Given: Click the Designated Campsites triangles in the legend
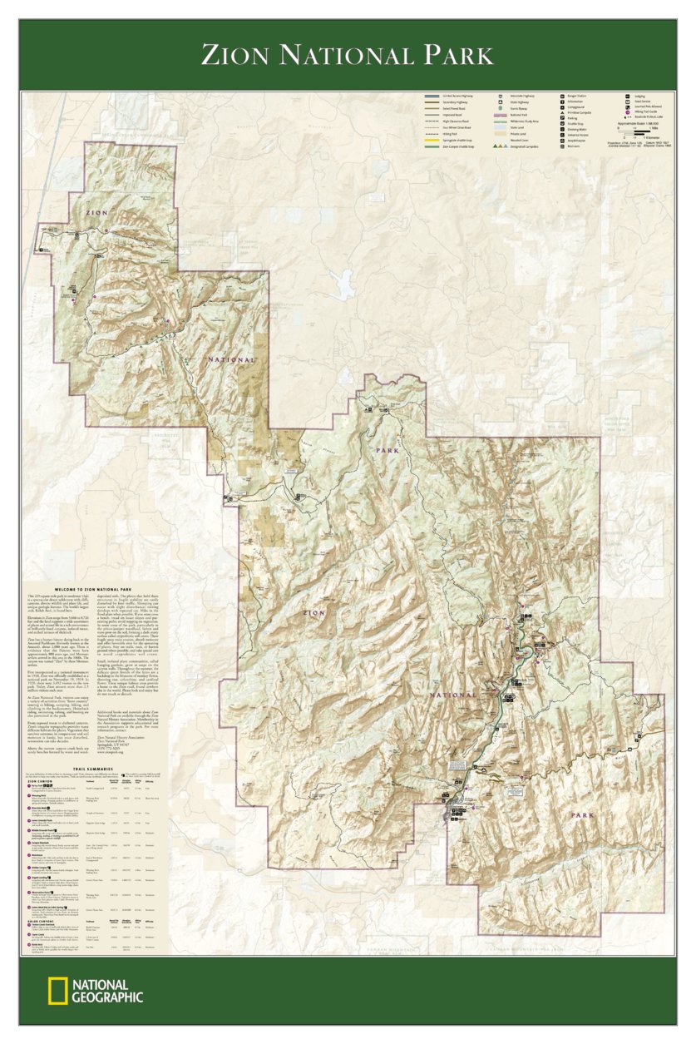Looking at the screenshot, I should tap(501, 146).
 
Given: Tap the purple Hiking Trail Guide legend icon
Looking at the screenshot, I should tap(628, 111).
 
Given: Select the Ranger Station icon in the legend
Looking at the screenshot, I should tap(563, 96).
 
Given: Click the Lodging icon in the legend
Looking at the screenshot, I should tap(628, 96).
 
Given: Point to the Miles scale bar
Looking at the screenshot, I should tap(640, 131).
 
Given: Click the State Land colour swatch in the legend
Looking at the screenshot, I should tap(501, 127).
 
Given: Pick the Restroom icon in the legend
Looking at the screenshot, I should tap(563, 146).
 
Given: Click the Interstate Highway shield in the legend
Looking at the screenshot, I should tap(501, 96).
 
